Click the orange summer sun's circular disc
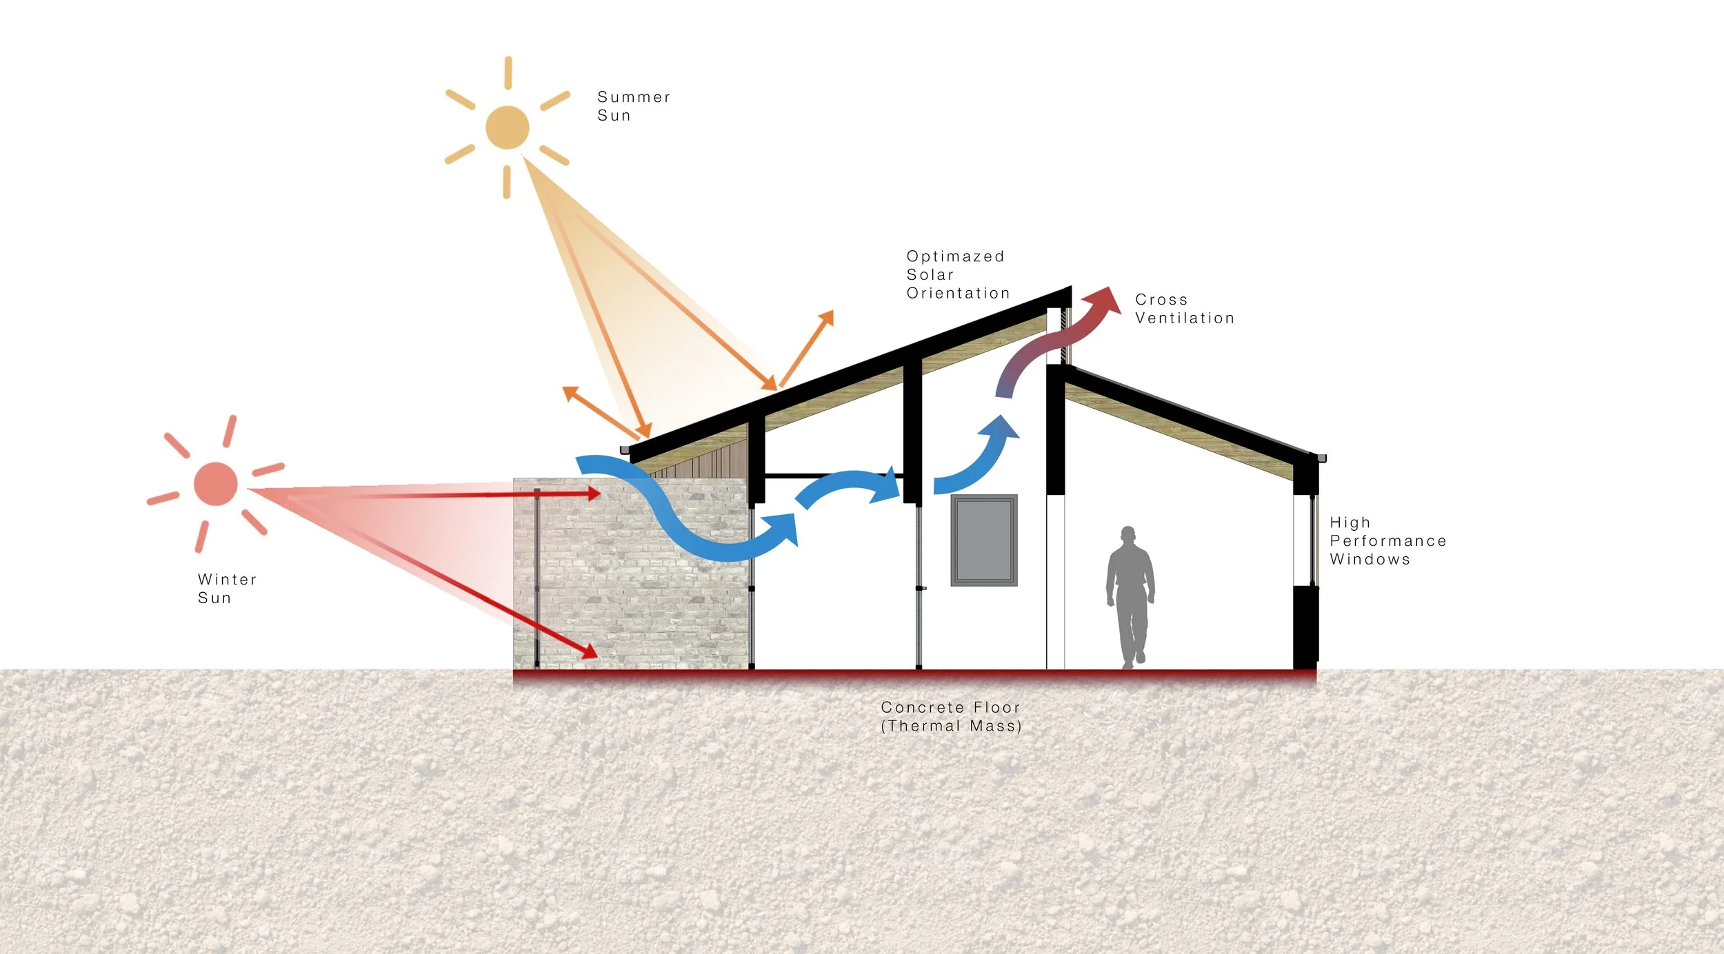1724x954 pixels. click(x=507, y=128)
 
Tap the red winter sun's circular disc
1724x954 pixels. click(x=216, y=484)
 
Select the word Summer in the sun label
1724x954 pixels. click(x=634, y=97)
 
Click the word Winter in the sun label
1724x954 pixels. click(x=227, y=580)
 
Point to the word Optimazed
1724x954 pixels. click(x=955, y=256)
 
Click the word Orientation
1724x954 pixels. click(x=958, y=294)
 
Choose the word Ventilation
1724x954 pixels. click(x=1184, y=318)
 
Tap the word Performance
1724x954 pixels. click(x=1387, y=541)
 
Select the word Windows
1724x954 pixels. click(x=1370, y=560)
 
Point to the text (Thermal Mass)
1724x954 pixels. click(x=951, y=726)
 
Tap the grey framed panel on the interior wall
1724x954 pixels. click(x=983, y=540)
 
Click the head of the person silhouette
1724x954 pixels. click(x=1128, y=535)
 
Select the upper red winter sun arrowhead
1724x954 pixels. click(x=593, y=493)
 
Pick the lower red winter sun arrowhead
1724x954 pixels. click(x=590, y=651)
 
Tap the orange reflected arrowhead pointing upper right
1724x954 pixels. click(x=826, y=318)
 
